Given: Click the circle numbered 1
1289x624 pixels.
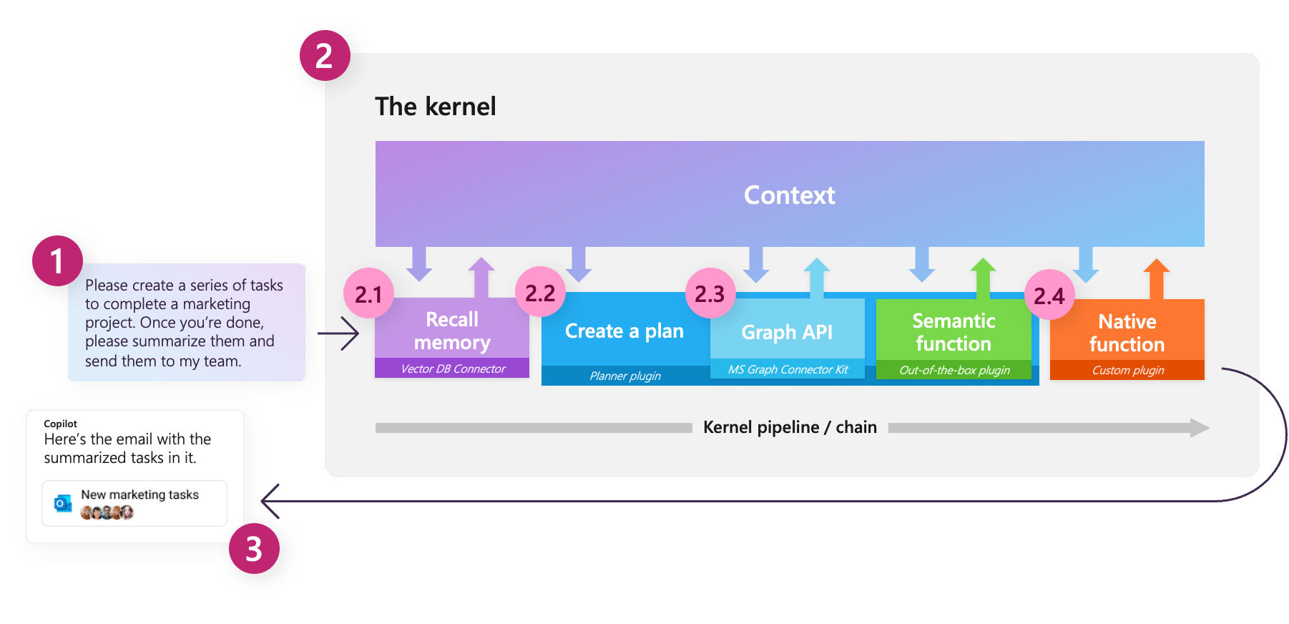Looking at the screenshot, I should coord(57,261).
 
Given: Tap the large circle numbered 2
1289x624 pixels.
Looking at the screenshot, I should coord(325,56).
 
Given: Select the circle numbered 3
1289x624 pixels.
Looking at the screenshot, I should coord(254,549).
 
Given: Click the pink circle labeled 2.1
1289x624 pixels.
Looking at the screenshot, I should coord(368,294).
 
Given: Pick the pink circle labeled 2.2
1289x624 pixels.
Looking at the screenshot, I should coord(540,293).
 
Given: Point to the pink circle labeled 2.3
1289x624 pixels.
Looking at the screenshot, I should coord(710,293).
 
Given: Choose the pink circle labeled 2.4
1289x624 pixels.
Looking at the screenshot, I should coord(1049,295).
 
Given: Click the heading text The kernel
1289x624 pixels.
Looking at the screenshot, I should coord(435,107).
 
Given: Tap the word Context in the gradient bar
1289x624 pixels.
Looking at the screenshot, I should coord(789,195).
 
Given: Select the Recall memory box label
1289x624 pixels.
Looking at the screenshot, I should coord(452,330).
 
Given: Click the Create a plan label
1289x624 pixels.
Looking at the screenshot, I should coord(624,331).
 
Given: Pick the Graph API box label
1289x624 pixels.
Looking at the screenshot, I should coord(787,332).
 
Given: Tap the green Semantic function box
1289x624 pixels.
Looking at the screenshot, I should coord(954,332).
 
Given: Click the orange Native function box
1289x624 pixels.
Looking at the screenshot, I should coord(1127,333).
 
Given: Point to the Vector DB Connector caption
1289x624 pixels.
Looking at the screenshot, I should coord(453,369).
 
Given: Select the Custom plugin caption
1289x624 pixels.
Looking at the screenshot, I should coord(1127,370).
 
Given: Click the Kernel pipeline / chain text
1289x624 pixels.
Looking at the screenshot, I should coord(790,427).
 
